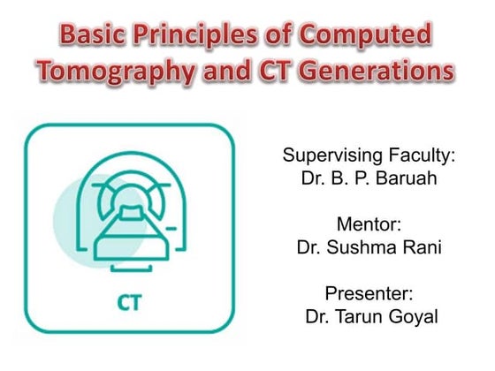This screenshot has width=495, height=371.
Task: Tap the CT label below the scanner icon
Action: (130, 303)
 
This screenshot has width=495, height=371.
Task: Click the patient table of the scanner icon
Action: (130, 229)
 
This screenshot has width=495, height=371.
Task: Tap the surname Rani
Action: (422, 248)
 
